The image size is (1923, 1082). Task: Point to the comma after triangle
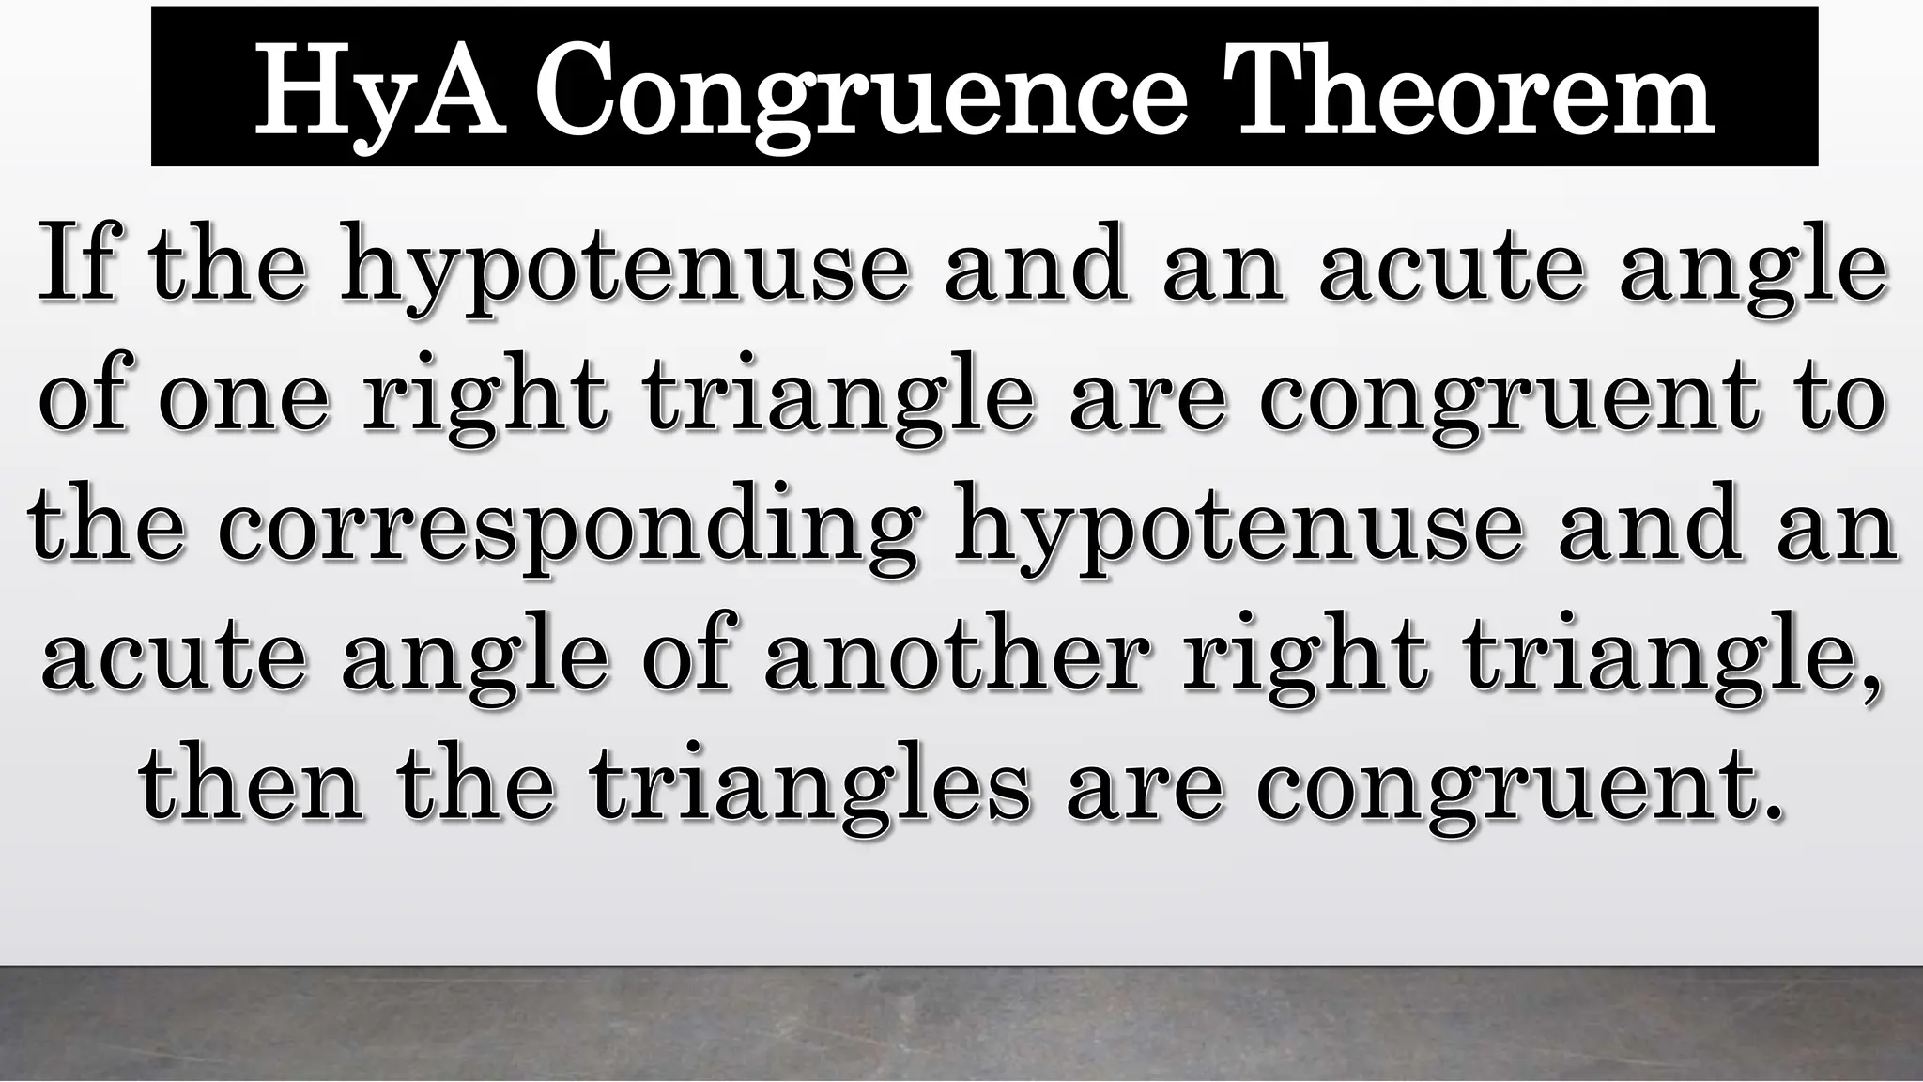[x=1871, y=686]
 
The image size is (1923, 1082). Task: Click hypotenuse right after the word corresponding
[x=1238, y=531]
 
